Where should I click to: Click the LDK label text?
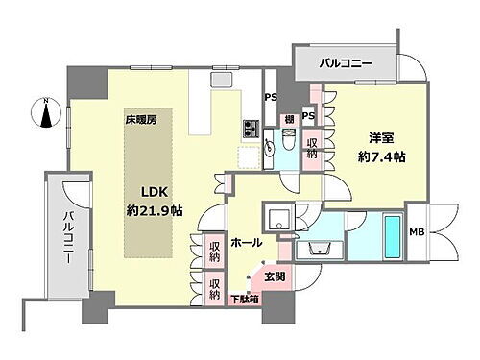pos(144,191)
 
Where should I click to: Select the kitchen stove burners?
pos(252,127)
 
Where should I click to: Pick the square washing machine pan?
pos(278,218)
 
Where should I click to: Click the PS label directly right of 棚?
pos(308,115)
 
